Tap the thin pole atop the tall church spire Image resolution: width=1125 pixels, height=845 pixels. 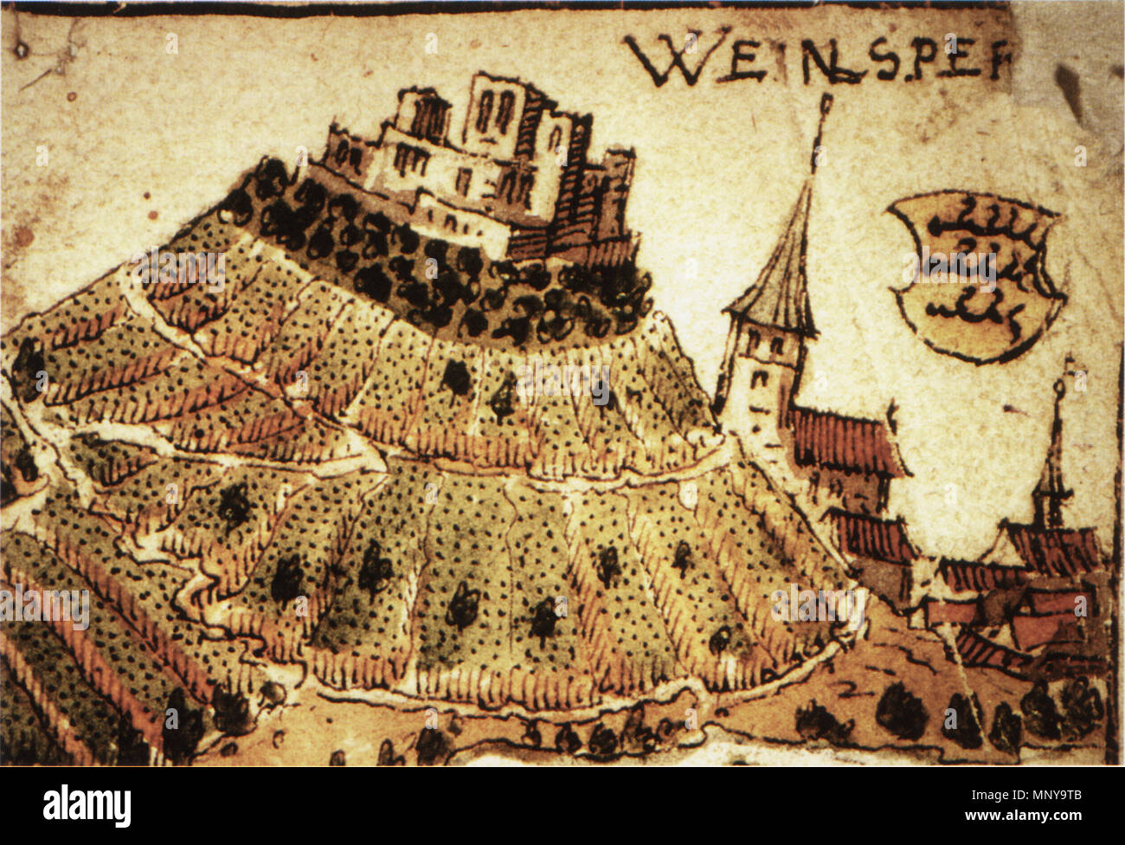coord(823,130)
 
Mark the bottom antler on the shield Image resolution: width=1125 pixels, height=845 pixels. coord(969,307)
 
